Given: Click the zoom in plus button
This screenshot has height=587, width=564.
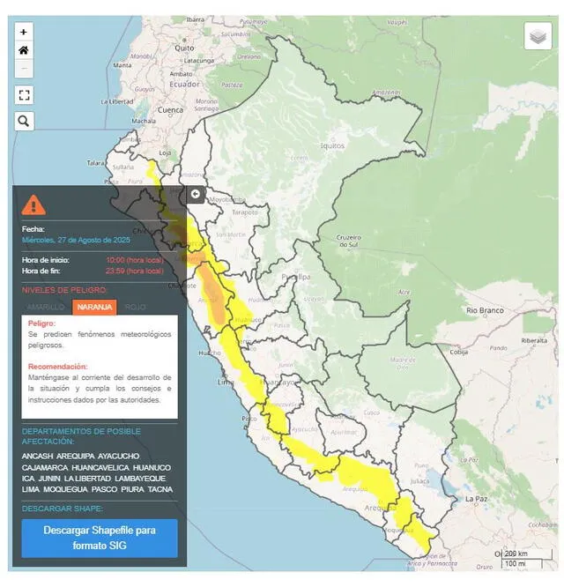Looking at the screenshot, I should click(24, 32).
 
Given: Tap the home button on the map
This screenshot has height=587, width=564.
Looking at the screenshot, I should click(24, 50).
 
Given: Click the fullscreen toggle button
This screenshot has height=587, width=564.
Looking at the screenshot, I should click(24, 95).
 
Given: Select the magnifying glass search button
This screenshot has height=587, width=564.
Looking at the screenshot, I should click(24, 121).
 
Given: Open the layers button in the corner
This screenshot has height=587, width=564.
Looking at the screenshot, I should click(538, 36).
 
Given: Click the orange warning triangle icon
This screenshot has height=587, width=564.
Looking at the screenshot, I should click(33, 204).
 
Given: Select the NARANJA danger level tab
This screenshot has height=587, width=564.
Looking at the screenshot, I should click(93, 307).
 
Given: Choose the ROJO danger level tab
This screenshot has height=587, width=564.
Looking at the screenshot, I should click(136, 307).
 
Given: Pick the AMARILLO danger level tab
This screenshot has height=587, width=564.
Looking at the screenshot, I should click(46, 307).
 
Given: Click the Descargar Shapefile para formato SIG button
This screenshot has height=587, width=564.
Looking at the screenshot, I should click(99, 538).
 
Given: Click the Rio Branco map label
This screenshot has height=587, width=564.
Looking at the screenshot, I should click(484, 310).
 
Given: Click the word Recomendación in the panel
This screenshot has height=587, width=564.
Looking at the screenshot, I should click(57, 366).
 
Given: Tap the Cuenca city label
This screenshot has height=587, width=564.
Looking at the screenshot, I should click(169, 110).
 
